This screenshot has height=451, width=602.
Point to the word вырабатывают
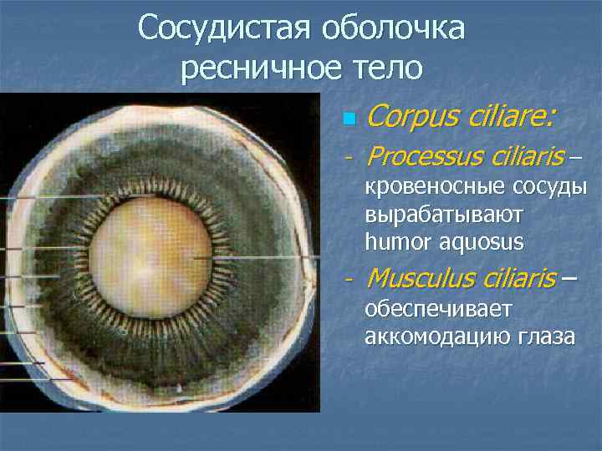444,215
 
